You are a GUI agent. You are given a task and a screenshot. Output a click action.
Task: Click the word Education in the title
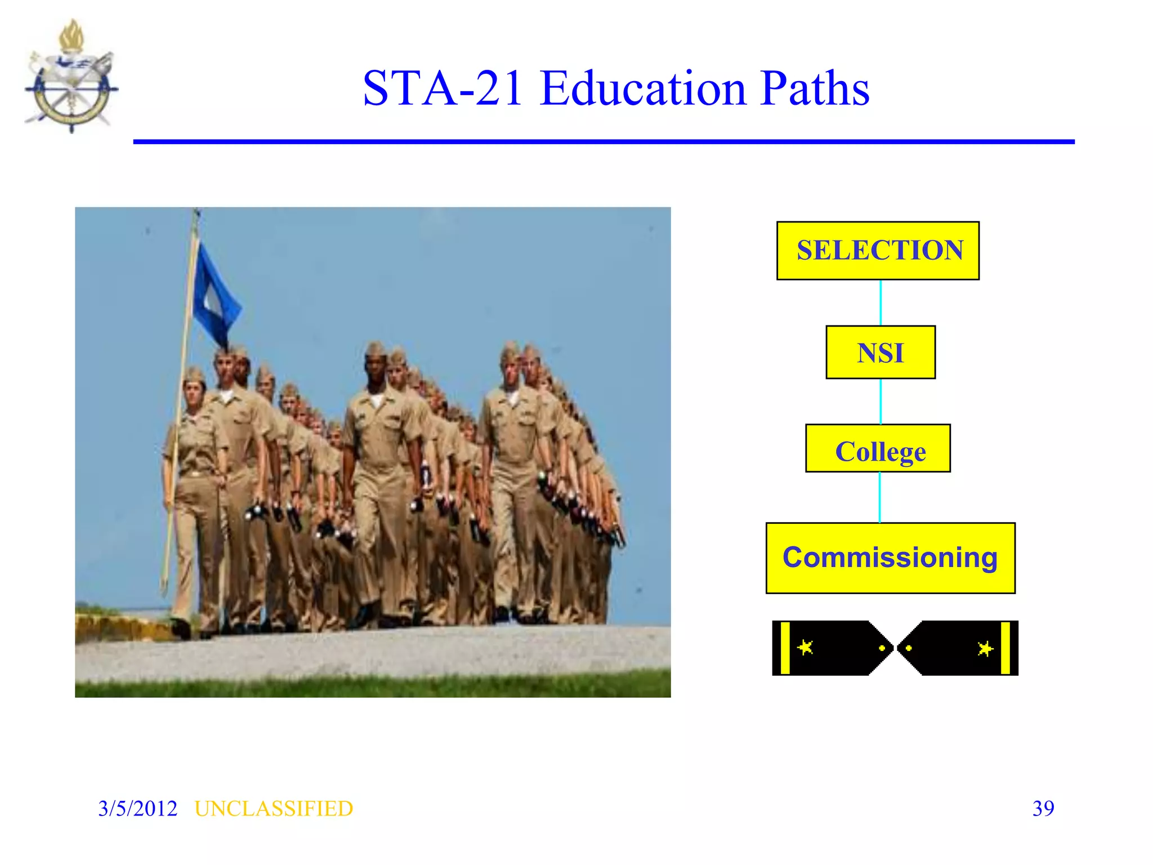click(643, 88)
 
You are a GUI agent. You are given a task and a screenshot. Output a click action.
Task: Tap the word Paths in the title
click(815, 88)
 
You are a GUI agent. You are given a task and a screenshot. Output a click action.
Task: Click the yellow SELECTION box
click(878, 251)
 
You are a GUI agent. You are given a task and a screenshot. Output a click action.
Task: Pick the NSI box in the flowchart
click(881, 353)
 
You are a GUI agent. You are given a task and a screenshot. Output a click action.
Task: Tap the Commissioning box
click(890, 558)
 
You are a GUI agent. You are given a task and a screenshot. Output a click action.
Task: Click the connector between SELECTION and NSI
click(881, 303)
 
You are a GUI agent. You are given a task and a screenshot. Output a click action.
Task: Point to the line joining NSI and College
click(881, 402)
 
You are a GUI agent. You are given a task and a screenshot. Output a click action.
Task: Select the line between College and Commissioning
click(880, 498)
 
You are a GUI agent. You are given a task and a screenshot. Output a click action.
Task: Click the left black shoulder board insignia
click(831, 648)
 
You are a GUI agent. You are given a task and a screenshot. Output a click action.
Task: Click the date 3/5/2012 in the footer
click(138, 809)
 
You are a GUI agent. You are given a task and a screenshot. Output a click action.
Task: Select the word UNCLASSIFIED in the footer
click(274, 809)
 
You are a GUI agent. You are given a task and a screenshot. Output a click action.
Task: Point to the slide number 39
click(1043, 809)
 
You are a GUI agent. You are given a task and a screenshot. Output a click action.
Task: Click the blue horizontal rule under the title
click(604, 142)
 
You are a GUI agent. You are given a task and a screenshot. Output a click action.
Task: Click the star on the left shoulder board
click(806, 648)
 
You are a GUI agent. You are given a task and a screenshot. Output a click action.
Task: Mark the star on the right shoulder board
click(985, 649)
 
